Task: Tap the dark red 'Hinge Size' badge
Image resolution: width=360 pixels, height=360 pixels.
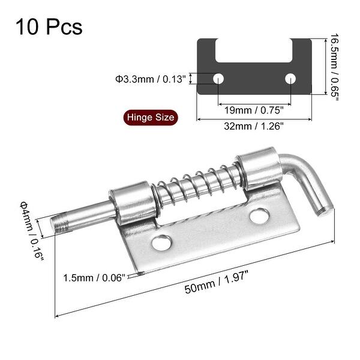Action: [x=149, y=117]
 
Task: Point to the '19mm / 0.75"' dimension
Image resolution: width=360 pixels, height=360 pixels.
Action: [x=254, y=110]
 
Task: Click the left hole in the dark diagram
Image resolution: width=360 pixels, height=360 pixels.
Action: [x=218, y=78]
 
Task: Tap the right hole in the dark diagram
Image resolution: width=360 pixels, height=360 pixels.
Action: [x=291, y=78]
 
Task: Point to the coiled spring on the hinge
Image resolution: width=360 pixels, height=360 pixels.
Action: [x=198, y=183]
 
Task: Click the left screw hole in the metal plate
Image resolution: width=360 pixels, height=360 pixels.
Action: [x=161, y=243]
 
